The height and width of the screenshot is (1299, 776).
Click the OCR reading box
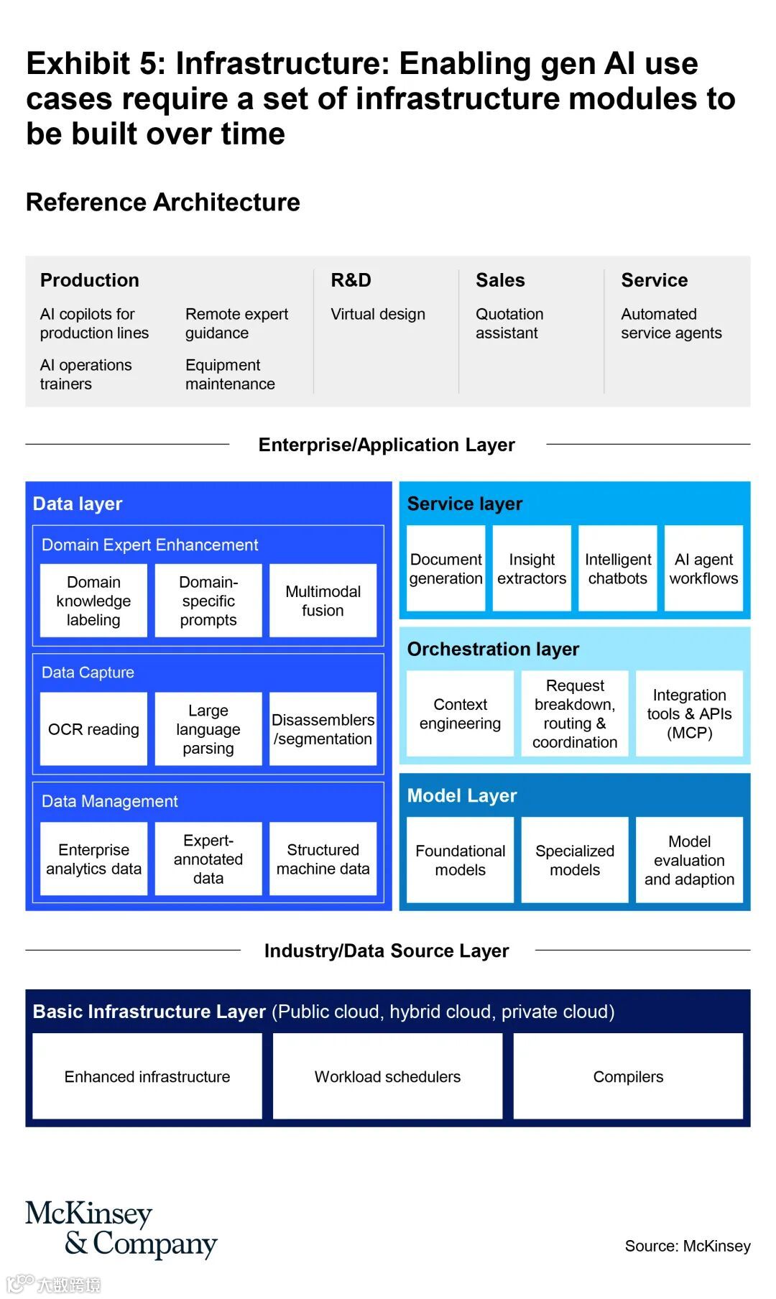pyautogui.click(x=93, y=729)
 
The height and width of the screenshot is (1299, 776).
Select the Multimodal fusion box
pyautogui.click(x=323, y=601)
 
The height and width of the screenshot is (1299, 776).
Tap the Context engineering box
pyautogui.click(x=460, y=713)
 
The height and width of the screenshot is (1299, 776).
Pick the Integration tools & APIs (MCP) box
pyautogui.click(x=689, y=713)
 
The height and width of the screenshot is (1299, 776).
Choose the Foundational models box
pyautogui.click(x=460, y=860)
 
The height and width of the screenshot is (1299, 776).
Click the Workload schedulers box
pyautogui.click(x=387, y=1076)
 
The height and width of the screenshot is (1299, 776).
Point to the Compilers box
pyautogui.click(x=628, y=1076)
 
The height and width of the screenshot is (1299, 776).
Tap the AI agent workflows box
pyautogui.click(x=703, y=568)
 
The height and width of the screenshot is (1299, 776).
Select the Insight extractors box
pyautogui.click(x=532, y=568)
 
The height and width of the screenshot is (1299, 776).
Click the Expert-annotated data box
pyautogui.click(x=208, y=859)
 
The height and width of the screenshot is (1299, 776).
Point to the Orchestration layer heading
pyautogui.click(x=493, y=649)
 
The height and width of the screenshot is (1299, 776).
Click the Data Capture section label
pyautogui.click(x=88, y=672)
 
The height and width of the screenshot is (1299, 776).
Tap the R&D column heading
pyautogui.click(x=351, y=280)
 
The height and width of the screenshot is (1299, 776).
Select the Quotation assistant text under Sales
pyautogui.click(x=509, y=323)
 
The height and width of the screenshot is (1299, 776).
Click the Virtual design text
pyautogui.click(x=378, y=314)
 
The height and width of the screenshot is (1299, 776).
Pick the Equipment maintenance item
pyautogui.click(x=230, y=374)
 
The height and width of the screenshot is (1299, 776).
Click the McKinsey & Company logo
pyautogui.click(x=121, y=1229)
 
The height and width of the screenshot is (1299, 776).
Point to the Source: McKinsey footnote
pyautogui.click(x=688, y=1246)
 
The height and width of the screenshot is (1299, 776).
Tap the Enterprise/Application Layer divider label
pyautogui.click(x=387, y=445)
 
